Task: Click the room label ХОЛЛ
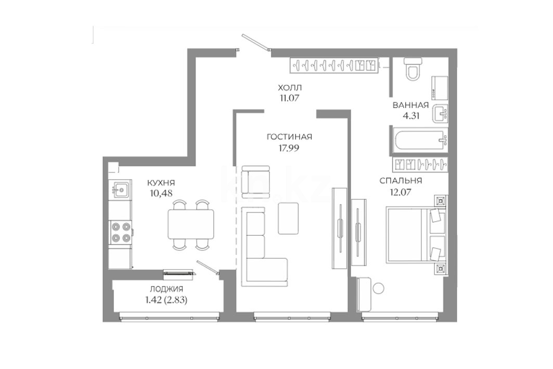pyautogui.click(x=290, y=87)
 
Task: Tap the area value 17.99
pyautogui.click(x=289, y=148)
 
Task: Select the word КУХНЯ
pyautogui.click(x=161, y=183)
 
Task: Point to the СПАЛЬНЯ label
pyautogui.click(x=401, y=181)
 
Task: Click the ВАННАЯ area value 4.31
pyautogui.click(x=410, y=116)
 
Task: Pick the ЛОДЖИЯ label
pyautogui.click(x=166, y=289)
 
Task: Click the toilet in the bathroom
pyautogui.click(x=413, y=70)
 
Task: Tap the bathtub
pyautogui.click(x=420, y=141)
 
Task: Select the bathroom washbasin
pyautogui.click(x=440, y=114)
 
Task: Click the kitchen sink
pyautogui.click(x=120, y=190)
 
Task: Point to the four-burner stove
pyautogui.click(x=120, y=232)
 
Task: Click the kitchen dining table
pyautogui.click(x=191, y=224)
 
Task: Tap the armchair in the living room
pyautogui.click(x=255, y=181)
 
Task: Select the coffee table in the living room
pyautogui.click(x=289, y=218)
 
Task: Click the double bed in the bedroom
pyautogui.click(x=416, y=235)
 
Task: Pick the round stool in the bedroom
pyautogui.click(x=378, y=288)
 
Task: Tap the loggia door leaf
pyautogui.click(x=208, y=267)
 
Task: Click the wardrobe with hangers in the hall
pyautogui.click(x=334, y=65)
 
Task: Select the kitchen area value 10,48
pyautogui.click(x=161, y=193)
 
